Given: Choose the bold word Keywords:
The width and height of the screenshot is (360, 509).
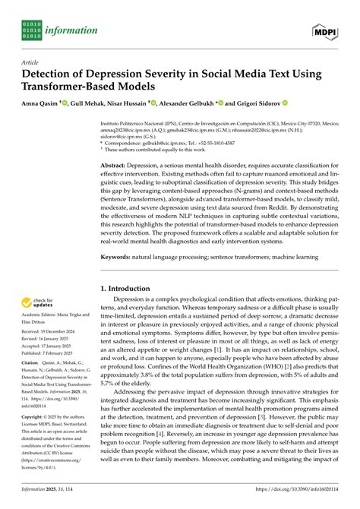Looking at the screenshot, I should point(118,258).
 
